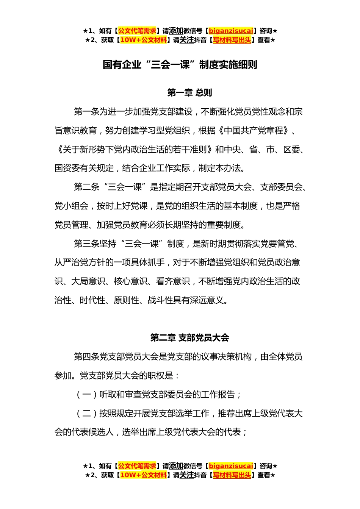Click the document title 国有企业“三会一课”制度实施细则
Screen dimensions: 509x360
pos(180,65)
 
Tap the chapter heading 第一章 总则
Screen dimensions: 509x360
pos(189,92)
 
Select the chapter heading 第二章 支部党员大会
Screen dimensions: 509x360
pos(189,337)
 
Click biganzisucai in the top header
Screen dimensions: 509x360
pos(231,31)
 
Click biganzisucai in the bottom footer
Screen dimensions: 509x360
pos(231,466)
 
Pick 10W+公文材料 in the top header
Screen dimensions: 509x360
pos(143,40)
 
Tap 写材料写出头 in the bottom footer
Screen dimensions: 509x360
pos(232,475)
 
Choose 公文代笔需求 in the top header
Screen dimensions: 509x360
pos(137,31)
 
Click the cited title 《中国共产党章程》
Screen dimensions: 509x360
pos(254,131)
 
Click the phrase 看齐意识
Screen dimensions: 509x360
pos(173,281)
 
